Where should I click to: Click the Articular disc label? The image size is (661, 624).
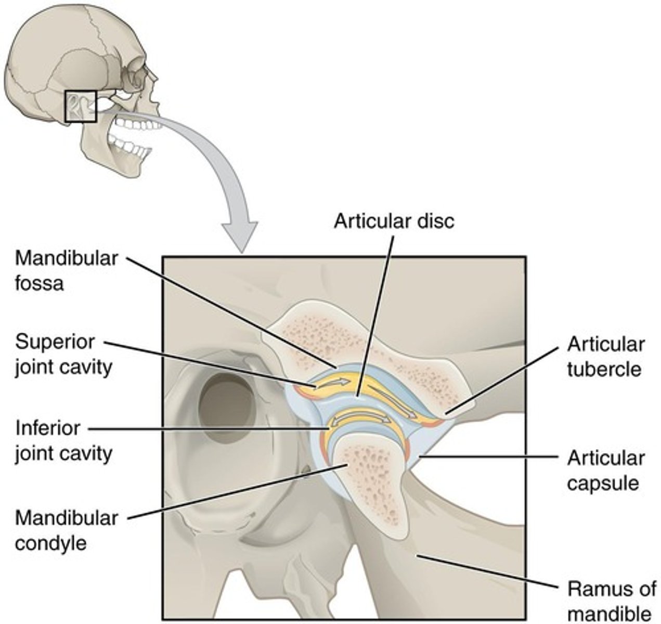coord(394,220)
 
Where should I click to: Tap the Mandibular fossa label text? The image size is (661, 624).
coord(66,271)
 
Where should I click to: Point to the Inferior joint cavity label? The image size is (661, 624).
coord(63,440)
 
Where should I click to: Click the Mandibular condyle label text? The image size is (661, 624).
coord(66,530)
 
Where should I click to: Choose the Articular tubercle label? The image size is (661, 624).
coord(605,357)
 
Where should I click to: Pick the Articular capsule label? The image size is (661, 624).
coord(605,470)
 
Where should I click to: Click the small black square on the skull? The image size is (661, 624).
coord(80,107)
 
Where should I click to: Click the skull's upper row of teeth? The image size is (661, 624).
coord(132,124)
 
